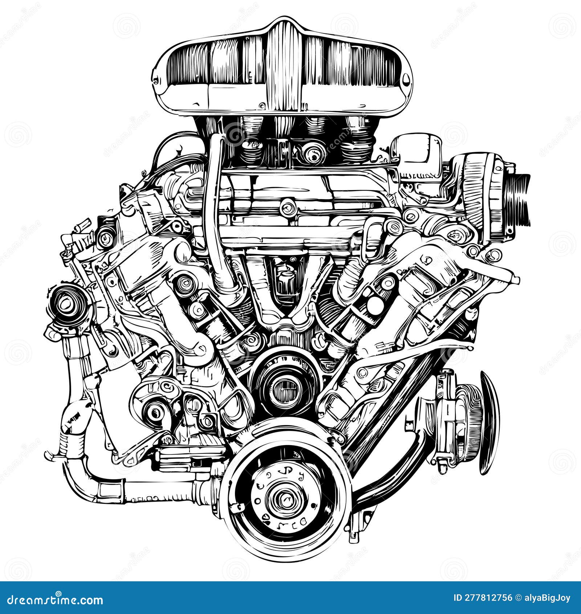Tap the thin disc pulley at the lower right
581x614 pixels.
click(488, 421)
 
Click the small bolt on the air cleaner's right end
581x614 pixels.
click(406, 78)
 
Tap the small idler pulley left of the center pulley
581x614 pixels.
click(156, 412)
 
